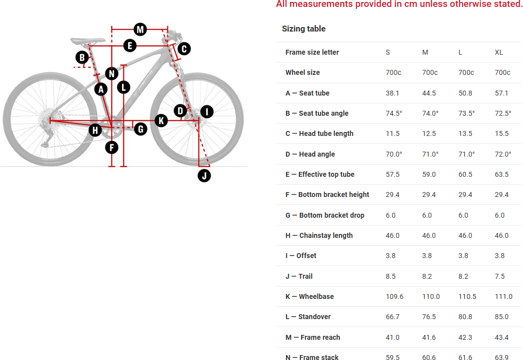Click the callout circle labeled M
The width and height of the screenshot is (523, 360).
click(140, 30)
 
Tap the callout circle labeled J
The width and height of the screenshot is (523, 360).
click(204, 175)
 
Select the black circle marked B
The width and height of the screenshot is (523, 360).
click(82, 58)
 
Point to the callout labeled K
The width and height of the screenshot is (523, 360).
click(161, 121)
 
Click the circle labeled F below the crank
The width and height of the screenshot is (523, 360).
click(112, 147)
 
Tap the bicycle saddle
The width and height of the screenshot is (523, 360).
click(87, 41)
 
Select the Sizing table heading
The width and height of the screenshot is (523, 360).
click(303, 29)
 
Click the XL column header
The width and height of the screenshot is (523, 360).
click(499, 52)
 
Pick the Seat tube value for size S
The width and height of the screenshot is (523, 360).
click(392, 93)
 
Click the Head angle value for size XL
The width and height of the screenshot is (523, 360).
click(503, 154)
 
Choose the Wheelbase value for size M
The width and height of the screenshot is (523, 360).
click(430, 296)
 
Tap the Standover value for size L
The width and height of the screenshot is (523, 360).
click(465, 317)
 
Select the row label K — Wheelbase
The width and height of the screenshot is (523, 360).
click(310, 296)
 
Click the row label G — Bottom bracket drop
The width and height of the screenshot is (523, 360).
click(325, 215)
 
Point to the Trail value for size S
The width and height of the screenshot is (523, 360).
click(391, 276)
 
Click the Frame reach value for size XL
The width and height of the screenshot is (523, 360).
click(501, 337)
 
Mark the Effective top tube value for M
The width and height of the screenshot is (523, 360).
click(428, 174)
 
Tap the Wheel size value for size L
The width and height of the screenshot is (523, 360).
click(466, 72)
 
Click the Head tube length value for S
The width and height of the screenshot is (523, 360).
click(392, 134)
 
